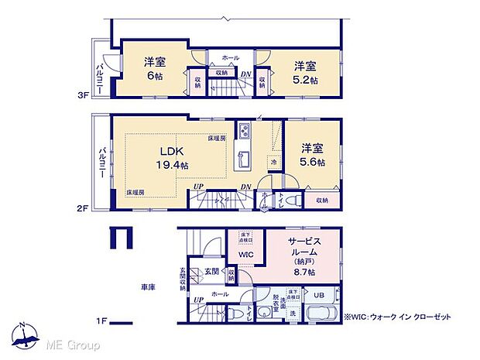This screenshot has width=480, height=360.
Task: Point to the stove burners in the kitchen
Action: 243,129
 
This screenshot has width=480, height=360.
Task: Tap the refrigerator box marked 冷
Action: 273,163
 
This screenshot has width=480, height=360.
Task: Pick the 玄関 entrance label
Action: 211,271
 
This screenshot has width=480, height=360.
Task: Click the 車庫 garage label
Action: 148,287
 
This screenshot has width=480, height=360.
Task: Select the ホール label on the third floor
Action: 230,57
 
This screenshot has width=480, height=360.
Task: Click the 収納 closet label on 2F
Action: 321,200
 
